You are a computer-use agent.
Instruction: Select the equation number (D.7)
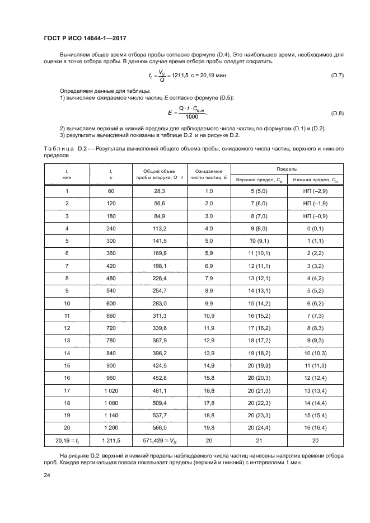tap(338, 75)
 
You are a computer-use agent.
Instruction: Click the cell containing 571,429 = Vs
tap(160, 441)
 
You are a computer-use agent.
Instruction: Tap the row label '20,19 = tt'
tap(67, 441)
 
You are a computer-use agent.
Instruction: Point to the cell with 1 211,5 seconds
tap(111, 441)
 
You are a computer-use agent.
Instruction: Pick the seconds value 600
tap(111, 303)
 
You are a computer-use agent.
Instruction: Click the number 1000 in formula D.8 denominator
tap(192, 117)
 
